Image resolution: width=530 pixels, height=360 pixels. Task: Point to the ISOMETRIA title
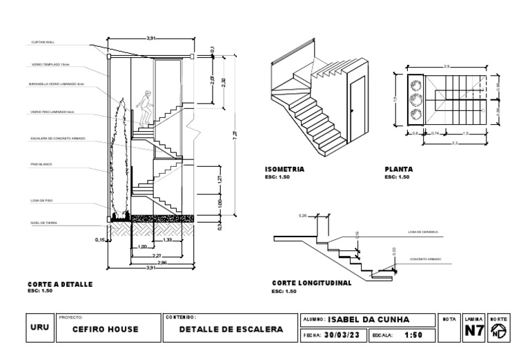coord(284,169)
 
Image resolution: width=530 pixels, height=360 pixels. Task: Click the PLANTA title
coord(399,169)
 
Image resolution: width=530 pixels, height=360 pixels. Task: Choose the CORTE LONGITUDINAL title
coord(312,283)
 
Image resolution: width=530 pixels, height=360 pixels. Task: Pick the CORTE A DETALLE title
coord(59,283)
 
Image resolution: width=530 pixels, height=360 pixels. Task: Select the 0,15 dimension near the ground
coord(99,240)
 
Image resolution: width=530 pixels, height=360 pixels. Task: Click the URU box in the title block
coord(39,328)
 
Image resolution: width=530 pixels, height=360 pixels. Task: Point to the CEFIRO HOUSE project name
coord(106,330)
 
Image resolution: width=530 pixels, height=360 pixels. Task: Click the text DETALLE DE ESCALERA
coord(231,330)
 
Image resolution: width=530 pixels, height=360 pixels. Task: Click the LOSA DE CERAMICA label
coord(423,232)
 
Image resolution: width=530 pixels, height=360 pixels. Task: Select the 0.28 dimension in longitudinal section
coord(302,216)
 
